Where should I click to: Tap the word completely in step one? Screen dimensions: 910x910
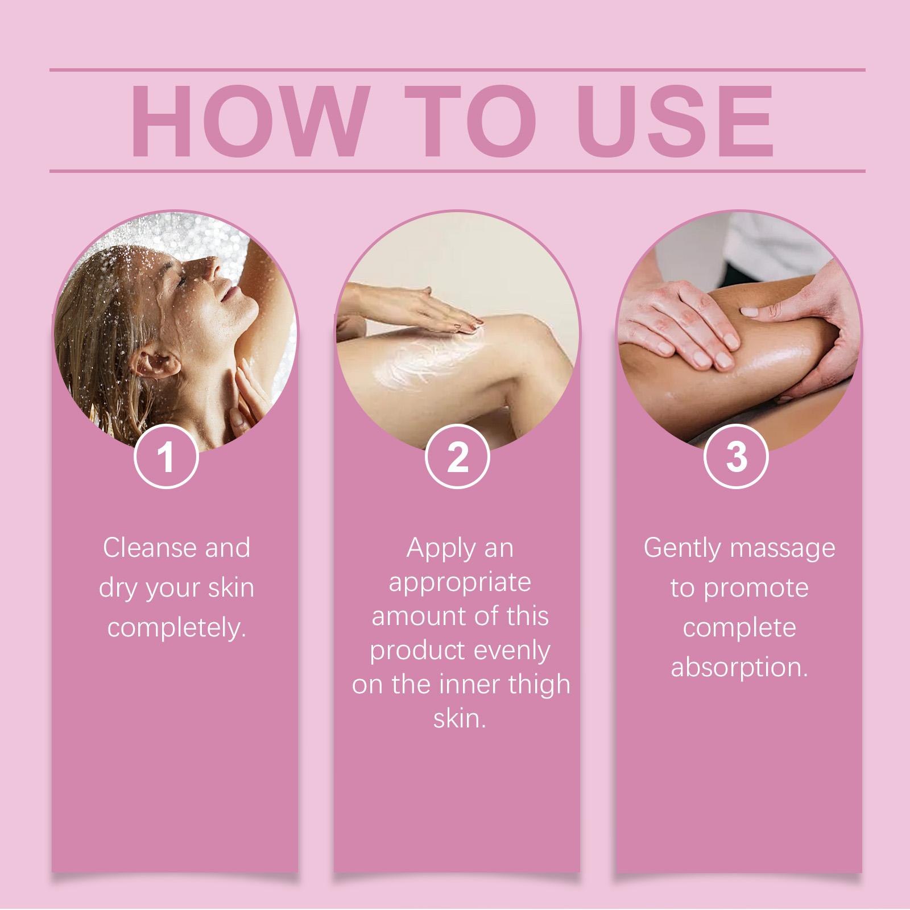pyautogui.click(x=176, y=628)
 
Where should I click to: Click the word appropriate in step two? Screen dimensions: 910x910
pyautogui.click(x=460, y=582)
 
